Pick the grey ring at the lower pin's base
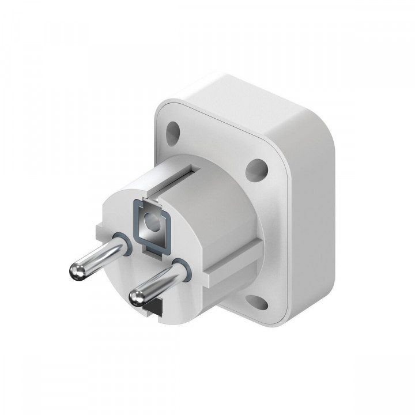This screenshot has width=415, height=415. (x=180, y=267)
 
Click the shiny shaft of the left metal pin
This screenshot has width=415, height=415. (x=101, y=255)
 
